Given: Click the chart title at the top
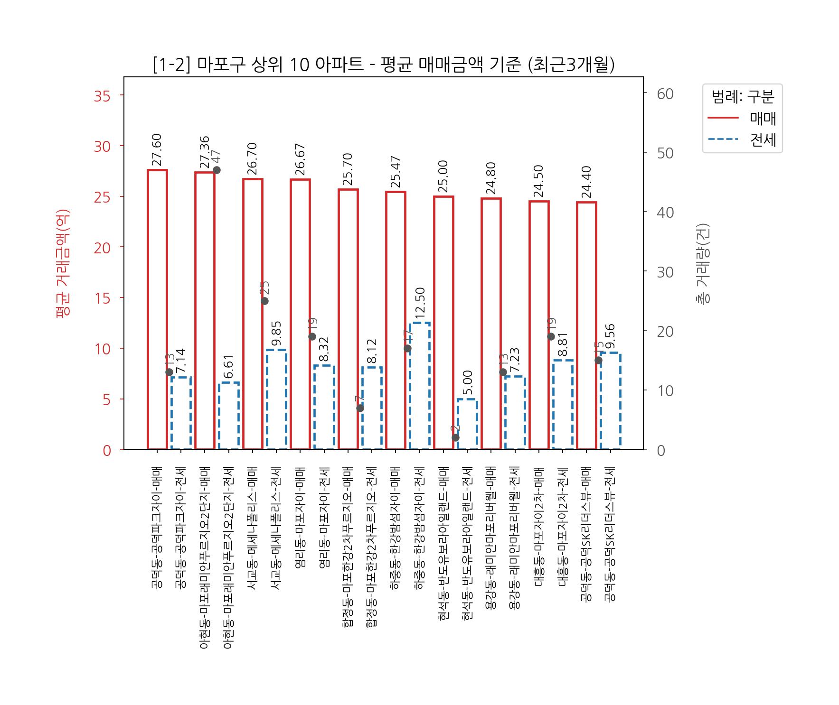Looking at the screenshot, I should [384, 65].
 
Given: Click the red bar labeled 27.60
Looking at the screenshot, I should [157, 308].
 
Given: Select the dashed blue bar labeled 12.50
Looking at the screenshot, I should [420, 385].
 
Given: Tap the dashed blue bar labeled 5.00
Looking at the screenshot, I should [467, 424].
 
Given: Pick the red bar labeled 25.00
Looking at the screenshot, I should [443, 323].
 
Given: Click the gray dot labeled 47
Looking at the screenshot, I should [217, 170].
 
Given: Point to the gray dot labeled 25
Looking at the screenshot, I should [265, 301].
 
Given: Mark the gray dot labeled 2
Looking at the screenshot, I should [455, 437].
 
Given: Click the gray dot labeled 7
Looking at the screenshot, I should [360, 408].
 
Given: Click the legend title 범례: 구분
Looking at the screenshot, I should [743, 97].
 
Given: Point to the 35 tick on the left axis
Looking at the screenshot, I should [102, 96].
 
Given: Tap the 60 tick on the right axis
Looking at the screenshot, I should [665, 94].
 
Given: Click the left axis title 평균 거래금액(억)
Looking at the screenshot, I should [63, 263].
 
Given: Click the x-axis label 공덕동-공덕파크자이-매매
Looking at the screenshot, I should [157, 528].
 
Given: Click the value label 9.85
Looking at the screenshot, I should [277, 334].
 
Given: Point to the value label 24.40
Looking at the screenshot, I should [587, 182].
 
